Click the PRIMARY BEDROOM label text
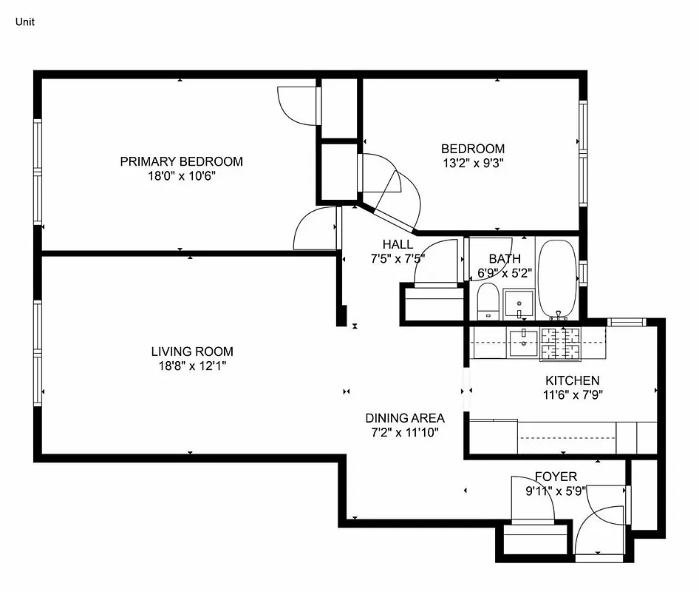(x=181, y=161)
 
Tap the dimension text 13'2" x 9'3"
(x=473, y=163)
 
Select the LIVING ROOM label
(x=192, y=351)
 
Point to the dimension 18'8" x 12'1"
(x=192, y=366)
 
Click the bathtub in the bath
(x=559, y=278)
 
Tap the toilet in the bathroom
(x=488, y=304)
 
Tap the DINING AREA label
(x=405, y=417)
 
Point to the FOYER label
(x=556, y=477)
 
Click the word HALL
(x=398, y=244)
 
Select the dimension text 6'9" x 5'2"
(x=505, y=272)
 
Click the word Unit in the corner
(x=24, y=21)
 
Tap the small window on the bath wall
(x=583, y=272)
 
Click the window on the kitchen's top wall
(x=626, y=322)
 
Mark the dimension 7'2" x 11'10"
(x=405, y=431)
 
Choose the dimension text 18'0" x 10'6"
(x=181, y=176)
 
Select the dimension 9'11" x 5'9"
(x=556, y=491)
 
